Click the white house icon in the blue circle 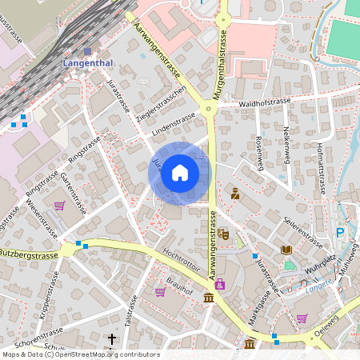coord(180,173)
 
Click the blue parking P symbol coord(340,233)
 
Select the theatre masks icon coord(223,234)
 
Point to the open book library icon coord(286,250)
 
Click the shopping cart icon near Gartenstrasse coord(59,205)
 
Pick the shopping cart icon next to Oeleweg coord(302,318)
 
